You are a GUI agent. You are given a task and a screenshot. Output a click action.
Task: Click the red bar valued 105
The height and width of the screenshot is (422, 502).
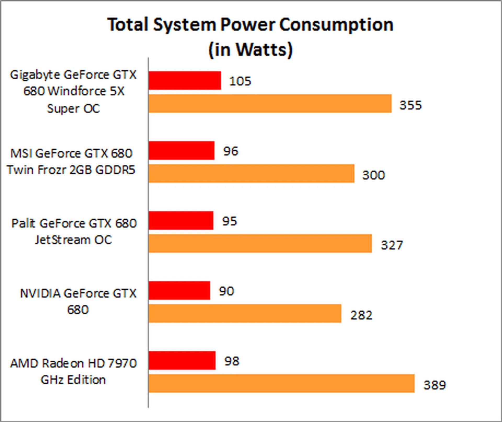point(185,81)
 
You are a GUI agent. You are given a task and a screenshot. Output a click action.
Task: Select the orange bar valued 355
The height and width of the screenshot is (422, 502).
point(270,104)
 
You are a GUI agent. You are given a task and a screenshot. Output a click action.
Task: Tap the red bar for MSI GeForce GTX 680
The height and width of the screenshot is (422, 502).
point(181,150)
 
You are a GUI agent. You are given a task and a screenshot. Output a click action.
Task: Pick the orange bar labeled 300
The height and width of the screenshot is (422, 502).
point(251,173)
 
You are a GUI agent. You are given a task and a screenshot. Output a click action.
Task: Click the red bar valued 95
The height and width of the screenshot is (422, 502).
point(181,220)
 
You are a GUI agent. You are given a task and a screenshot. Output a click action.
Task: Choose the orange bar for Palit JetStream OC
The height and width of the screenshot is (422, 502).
point(260,243)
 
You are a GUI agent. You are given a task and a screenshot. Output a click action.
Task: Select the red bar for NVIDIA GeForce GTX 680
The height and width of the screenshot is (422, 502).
point(179,290)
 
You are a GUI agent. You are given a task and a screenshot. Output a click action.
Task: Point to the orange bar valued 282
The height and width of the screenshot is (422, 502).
point(245,313)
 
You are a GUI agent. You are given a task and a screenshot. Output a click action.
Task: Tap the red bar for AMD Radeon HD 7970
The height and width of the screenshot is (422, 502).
point(182,361)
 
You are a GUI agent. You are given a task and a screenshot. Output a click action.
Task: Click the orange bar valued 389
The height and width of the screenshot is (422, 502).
point(281,384)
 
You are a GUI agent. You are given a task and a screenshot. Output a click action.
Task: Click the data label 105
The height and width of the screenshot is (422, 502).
point(240,81)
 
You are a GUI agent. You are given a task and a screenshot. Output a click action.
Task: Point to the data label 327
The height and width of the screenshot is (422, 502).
point(392,245)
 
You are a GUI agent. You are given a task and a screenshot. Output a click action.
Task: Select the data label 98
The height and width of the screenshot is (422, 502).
point(232,361)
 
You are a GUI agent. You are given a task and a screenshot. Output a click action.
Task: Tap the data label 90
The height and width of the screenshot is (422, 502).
point(226,291)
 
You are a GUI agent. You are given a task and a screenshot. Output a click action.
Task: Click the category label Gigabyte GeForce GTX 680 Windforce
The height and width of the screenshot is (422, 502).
point(73,92)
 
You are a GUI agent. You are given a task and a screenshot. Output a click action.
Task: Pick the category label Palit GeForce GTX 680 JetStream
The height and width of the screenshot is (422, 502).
point(74,231)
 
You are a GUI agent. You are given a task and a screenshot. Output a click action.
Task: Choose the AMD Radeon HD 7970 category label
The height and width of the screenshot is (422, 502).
point(73,371)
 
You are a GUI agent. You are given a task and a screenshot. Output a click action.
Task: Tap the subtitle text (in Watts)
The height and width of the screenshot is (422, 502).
point(250,50)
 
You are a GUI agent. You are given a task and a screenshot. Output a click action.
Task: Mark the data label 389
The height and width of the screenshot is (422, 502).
point(435,385)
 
